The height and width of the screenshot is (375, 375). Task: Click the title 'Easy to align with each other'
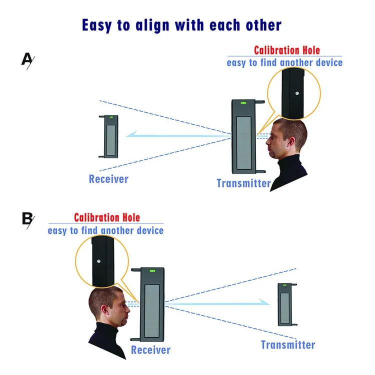181,24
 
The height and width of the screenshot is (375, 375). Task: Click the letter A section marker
27,59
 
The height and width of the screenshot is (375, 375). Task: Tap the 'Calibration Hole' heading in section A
286,50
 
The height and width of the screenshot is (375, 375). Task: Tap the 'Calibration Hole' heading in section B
107,217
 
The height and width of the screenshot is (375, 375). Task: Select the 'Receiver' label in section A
108,178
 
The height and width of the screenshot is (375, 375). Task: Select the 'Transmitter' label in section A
243,183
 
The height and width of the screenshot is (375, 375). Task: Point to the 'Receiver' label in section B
150,350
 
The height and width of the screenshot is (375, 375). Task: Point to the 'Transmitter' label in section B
288,345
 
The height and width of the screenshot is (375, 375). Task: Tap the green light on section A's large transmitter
244,103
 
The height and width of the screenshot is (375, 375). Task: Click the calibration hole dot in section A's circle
296,93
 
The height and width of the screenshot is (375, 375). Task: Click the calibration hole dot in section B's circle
100,261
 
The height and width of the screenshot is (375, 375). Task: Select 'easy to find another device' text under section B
105,230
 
